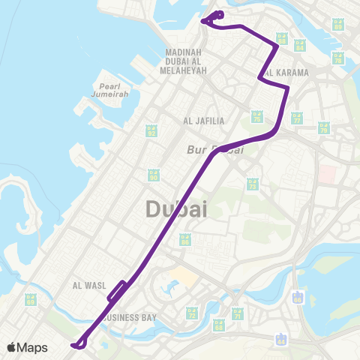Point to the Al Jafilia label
[x=199, y=120]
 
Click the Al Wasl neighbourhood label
[x=86, y=286]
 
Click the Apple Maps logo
[x=28, y=347]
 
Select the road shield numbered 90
[x=154, y=175]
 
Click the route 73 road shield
[x=252, y=183]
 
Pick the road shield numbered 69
[x=219, y=325]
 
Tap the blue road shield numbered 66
[x=299, y=297]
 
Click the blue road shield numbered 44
[x=281, y=339]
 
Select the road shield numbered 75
[x=256, y=116]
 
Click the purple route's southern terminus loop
[x=78, y=345]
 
